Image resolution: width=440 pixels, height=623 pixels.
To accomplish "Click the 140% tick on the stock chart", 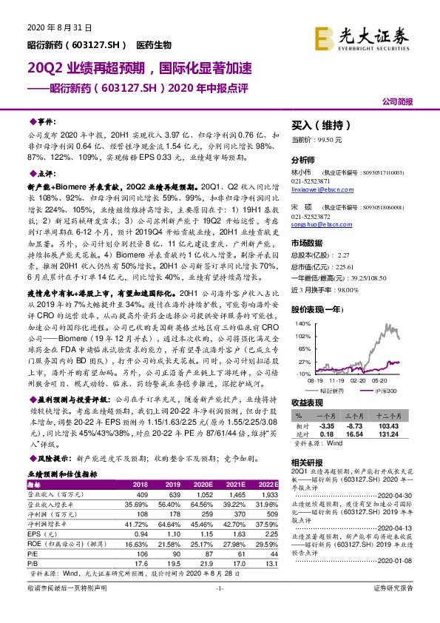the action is click(302, 324).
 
